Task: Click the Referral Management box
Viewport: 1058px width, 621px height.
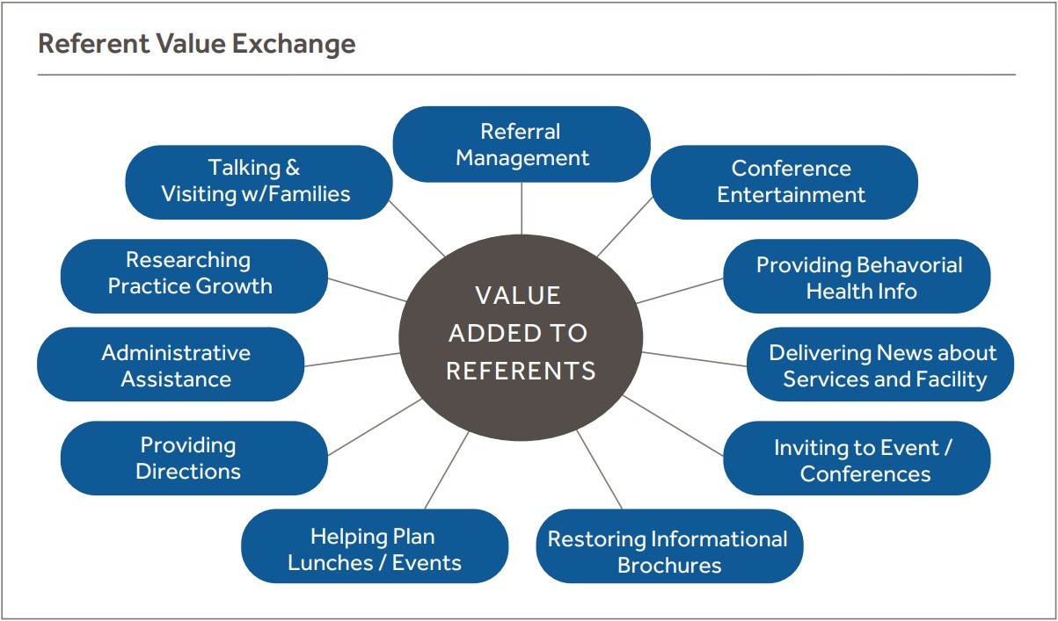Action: click(x=522, y=145)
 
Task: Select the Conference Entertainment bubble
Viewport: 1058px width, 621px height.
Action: click(x=784, y=182)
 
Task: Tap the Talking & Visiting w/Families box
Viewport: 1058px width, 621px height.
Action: click(x=258, y=182)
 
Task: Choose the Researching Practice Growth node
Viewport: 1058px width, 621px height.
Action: click(x=193, y=275)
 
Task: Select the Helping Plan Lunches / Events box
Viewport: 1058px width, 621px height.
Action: click(x=374, y=549)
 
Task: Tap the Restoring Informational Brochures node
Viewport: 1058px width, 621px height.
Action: click(x=668, y=551)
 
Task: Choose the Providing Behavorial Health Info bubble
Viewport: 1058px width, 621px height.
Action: click(x=857, y=277)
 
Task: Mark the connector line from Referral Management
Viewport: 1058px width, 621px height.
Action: click(x=522, y=208)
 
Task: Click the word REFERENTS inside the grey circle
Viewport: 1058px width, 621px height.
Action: click(x=521, y=372)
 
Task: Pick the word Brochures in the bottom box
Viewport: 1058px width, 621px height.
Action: click(x=668, y=565)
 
